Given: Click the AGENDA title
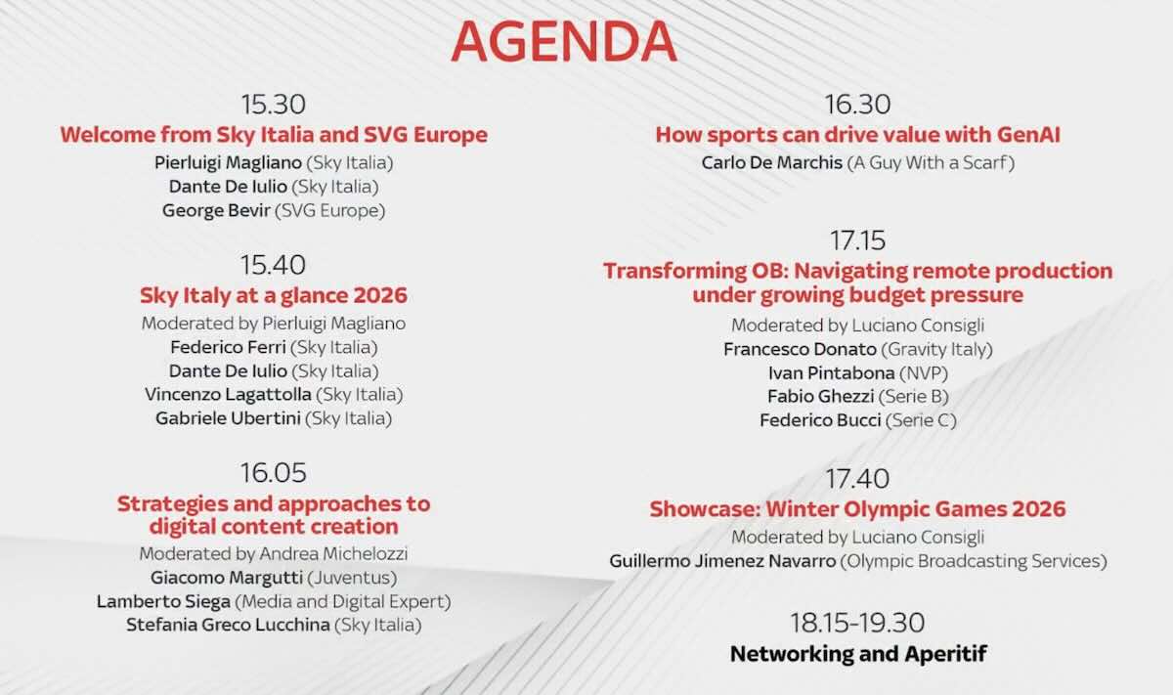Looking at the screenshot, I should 563,42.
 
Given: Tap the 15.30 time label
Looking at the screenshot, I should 273,104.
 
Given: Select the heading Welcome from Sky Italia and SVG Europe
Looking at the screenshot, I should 273,135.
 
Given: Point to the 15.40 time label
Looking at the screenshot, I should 273,264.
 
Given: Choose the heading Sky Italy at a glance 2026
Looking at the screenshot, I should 273,295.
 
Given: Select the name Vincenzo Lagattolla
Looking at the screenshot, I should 228,395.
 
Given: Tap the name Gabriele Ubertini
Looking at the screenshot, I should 228,418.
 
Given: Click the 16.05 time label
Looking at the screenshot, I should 273,473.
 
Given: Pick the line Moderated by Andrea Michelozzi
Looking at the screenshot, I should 273,553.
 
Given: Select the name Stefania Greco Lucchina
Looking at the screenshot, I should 228,625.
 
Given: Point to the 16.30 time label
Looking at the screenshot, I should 857,104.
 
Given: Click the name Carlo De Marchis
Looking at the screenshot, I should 771,162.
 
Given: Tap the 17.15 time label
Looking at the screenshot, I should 857,239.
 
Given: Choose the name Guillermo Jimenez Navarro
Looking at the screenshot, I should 722,561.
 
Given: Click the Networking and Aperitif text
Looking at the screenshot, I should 857,653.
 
